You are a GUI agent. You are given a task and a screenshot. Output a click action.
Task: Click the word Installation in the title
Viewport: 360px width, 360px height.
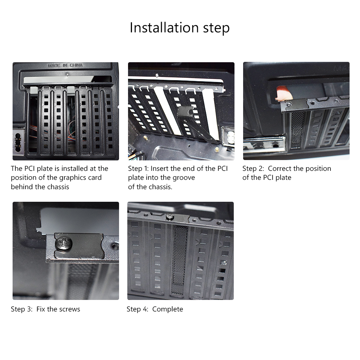(164, 28)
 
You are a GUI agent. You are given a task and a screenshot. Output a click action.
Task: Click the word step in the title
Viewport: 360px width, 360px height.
(216, 28)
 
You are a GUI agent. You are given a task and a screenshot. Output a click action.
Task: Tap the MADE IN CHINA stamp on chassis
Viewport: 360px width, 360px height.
(65, 65)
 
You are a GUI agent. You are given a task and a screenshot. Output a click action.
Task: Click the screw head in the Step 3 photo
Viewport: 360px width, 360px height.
(64, 243)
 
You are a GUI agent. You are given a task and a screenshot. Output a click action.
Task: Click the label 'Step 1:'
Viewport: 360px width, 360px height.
(138, 169)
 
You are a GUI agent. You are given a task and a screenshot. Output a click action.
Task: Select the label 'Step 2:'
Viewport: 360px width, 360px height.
(253, 169)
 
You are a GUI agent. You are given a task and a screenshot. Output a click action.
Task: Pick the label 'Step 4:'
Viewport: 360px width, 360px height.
(137, 309)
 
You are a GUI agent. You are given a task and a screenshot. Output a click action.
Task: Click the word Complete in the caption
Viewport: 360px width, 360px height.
(168, 309)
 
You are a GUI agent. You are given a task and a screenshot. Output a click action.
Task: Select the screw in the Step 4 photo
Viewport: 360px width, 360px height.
(170, 217)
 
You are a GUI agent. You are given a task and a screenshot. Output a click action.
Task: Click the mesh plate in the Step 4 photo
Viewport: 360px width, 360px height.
(179, 259)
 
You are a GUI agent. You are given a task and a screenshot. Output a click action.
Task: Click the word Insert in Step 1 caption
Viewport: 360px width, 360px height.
(160, 169)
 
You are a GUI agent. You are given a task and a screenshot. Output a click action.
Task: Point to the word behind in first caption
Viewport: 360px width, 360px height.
(22, 187)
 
